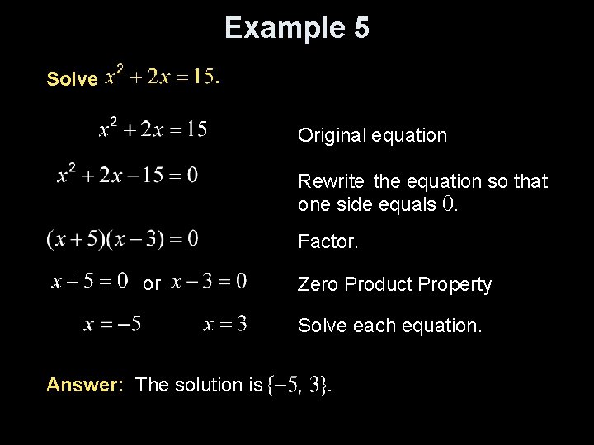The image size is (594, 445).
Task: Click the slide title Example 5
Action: [297, 28]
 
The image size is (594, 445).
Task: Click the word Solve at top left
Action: [73, 79]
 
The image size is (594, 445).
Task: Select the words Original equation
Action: [372, 135]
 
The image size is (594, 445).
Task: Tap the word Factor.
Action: [328, 242]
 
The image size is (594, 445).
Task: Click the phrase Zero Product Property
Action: [394, 284]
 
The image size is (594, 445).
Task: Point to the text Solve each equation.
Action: [389, 326]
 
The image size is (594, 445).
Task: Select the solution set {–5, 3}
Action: [299, 385]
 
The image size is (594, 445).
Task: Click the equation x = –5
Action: [112, 324]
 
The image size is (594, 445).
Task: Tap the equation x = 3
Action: [225, 324]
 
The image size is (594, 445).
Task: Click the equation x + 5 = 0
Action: [90, 282]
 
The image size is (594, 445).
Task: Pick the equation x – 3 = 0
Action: [209, 282]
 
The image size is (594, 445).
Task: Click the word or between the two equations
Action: [152, 284]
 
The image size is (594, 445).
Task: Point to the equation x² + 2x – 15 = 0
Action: [128, 175]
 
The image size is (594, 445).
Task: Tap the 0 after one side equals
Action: [449, 204]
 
